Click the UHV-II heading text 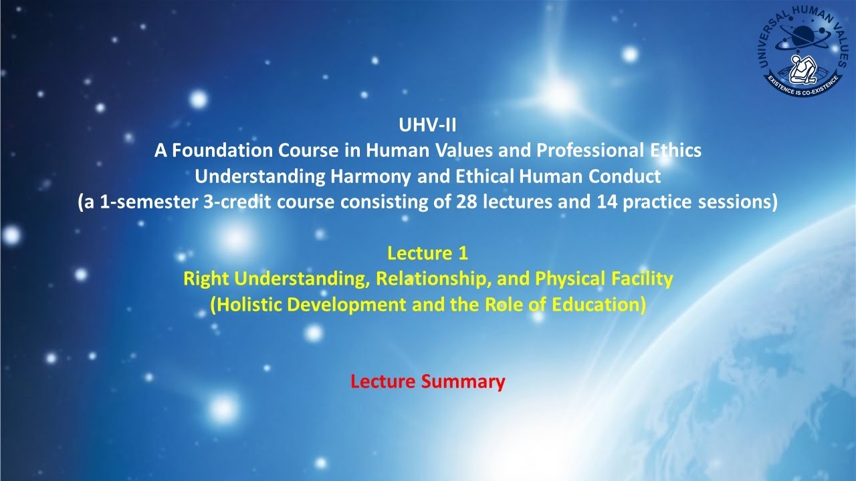(x=427, y=125)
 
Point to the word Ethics (x=673, y=150)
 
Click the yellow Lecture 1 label (x=427, y=253)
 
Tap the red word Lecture (x=384, y=381)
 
